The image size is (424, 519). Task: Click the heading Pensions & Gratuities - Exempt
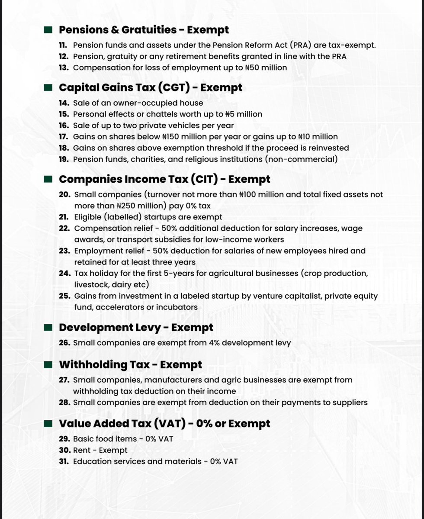click(144, 30)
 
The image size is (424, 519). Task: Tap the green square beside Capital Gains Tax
click(48, 87)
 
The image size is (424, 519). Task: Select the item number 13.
click(64, 68)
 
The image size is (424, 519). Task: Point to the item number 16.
click(64, 126)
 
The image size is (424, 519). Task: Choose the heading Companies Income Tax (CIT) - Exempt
click(164, 179)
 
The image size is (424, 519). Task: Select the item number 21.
click(64, 217)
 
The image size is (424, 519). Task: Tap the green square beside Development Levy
click(48, 328)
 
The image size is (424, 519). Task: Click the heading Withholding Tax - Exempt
click(130, 364)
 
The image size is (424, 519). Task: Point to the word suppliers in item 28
click(350, 402)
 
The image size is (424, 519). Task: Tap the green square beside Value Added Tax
click(48, 423)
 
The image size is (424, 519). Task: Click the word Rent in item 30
click(81, 450)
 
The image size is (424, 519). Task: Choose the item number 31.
click(64, 461)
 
